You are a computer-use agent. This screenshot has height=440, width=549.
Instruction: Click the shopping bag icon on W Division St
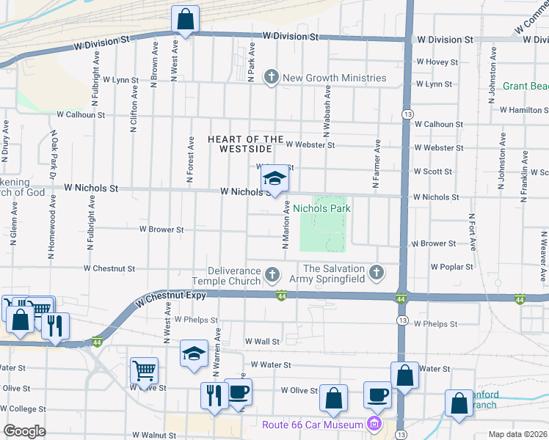186,18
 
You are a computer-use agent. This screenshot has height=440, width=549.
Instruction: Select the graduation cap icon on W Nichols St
274,179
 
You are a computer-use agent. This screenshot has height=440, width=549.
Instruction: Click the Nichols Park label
321,209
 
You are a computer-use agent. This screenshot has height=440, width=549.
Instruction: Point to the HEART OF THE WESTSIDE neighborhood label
245,144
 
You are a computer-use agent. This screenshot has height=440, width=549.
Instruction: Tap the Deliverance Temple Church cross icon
272,275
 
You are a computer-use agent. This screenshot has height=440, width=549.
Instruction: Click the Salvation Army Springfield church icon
377,273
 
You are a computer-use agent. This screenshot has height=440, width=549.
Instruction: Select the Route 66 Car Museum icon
374,424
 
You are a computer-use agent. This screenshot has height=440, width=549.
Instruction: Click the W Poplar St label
452,267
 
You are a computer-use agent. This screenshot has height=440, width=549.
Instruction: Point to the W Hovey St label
437,62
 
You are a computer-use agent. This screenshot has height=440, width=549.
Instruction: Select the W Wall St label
262,342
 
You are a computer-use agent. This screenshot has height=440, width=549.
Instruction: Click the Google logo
24,431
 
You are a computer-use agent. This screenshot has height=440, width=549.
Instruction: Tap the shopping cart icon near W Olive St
144,370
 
